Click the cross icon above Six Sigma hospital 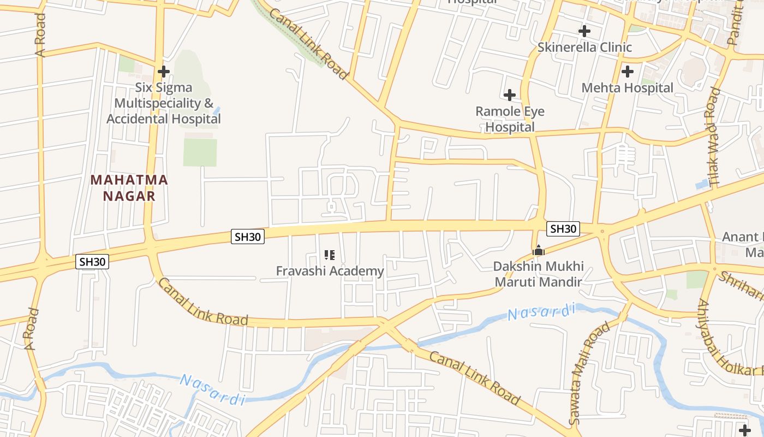tap(163, 72)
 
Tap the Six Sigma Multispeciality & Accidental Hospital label tap(164, 103)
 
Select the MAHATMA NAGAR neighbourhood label tap(129, 187)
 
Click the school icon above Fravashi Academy tap(329, 255)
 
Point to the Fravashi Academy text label tap(330, 271)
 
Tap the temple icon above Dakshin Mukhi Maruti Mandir tap(539, 251)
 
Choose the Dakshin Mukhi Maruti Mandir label tap(539, 274)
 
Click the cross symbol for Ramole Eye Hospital tap(510, 95)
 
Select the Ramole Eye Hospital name tap(510, 119)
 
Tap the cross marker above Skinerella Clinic tap(584, 31)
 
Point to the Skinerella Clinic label tap(584, 48)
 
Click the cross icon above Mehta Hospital tap(628, 71)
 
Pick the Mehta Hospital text tap(628, 88)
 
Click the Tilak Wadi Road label tap(713, 135)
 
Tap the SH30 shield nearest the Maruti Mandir tap(563, 229)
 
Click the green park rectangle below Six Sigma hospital tap(200, 152)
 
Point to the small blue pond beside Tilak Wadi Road tap(702, 184)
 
